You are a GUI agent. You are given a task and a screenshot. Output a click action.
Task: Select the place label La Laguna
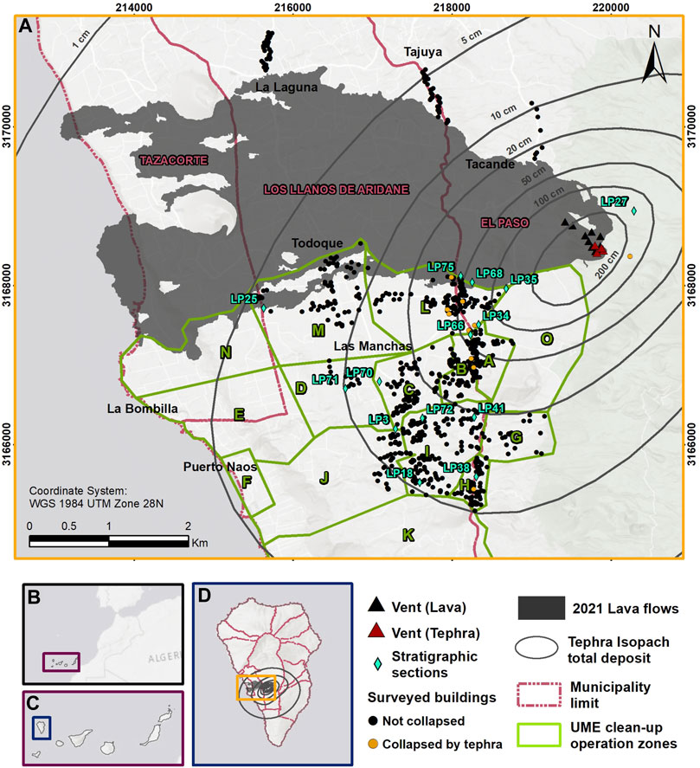[x=286, y=87]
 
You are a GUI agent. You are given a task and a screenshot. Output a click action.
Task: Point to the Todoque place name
[x=316, y=243]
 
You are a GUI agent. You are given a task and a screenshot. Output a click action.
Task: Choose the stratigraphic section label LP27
[x=614, y=201]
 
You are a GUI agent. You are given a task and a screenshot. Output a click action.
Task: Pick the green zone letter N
[x=226, y=352]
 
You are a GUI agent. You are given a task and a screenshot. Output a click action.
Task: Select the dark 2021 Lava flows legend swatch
[x=549, y=609]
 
